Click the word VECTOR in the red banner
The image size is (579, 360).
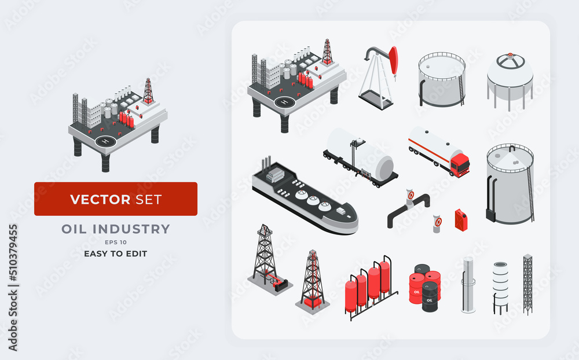[x=100, y=200]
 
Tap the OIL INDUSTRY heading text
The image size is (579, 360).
[x=116, y=229]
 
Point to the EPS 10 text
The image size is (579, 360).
[x=116, y=242]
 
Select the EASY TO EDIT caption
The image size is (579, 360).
[x=116, y=254]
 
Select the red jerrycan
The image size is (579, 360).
[x=461, y=221]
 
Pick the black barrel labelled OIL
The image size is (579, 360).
[x=430, y=297]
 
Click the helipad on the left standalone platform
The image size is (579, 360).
[x=105, y=141]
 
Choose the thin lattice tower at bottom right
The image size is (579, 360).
[x=527, y=284]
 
